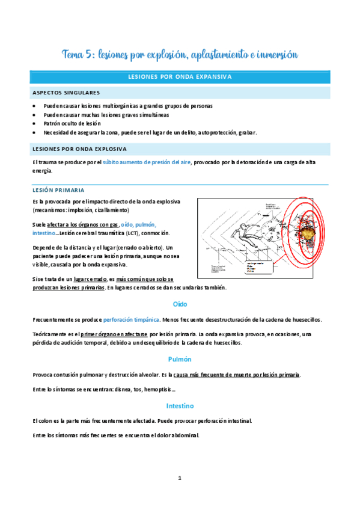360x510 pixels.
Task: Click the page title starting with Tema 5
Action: pyautogui.click(x=180, y=55)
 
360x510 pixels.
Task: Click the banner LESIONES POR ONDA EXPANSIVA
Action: pyautogui.click(x=180, y=77)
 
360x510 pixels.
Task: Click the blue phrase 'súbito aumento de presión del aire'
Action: pyautogui.click(x=147, y=162)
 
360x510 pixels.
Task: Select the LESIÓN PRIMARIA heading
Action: pyautogui.click(x=58, y=189)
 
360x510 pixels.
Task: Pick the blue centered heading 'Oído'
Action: pyautogui.click(x=180, y=304)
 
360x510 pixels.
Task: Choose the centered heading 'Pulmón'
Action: pyautogui.click(x=180, y=359)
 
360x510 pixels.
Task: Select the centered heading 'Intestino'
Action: pyautogui.click(x=180, y=406)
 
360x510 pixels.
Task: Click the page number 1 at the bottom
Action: pyautogui.click(x=180, y=478)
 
